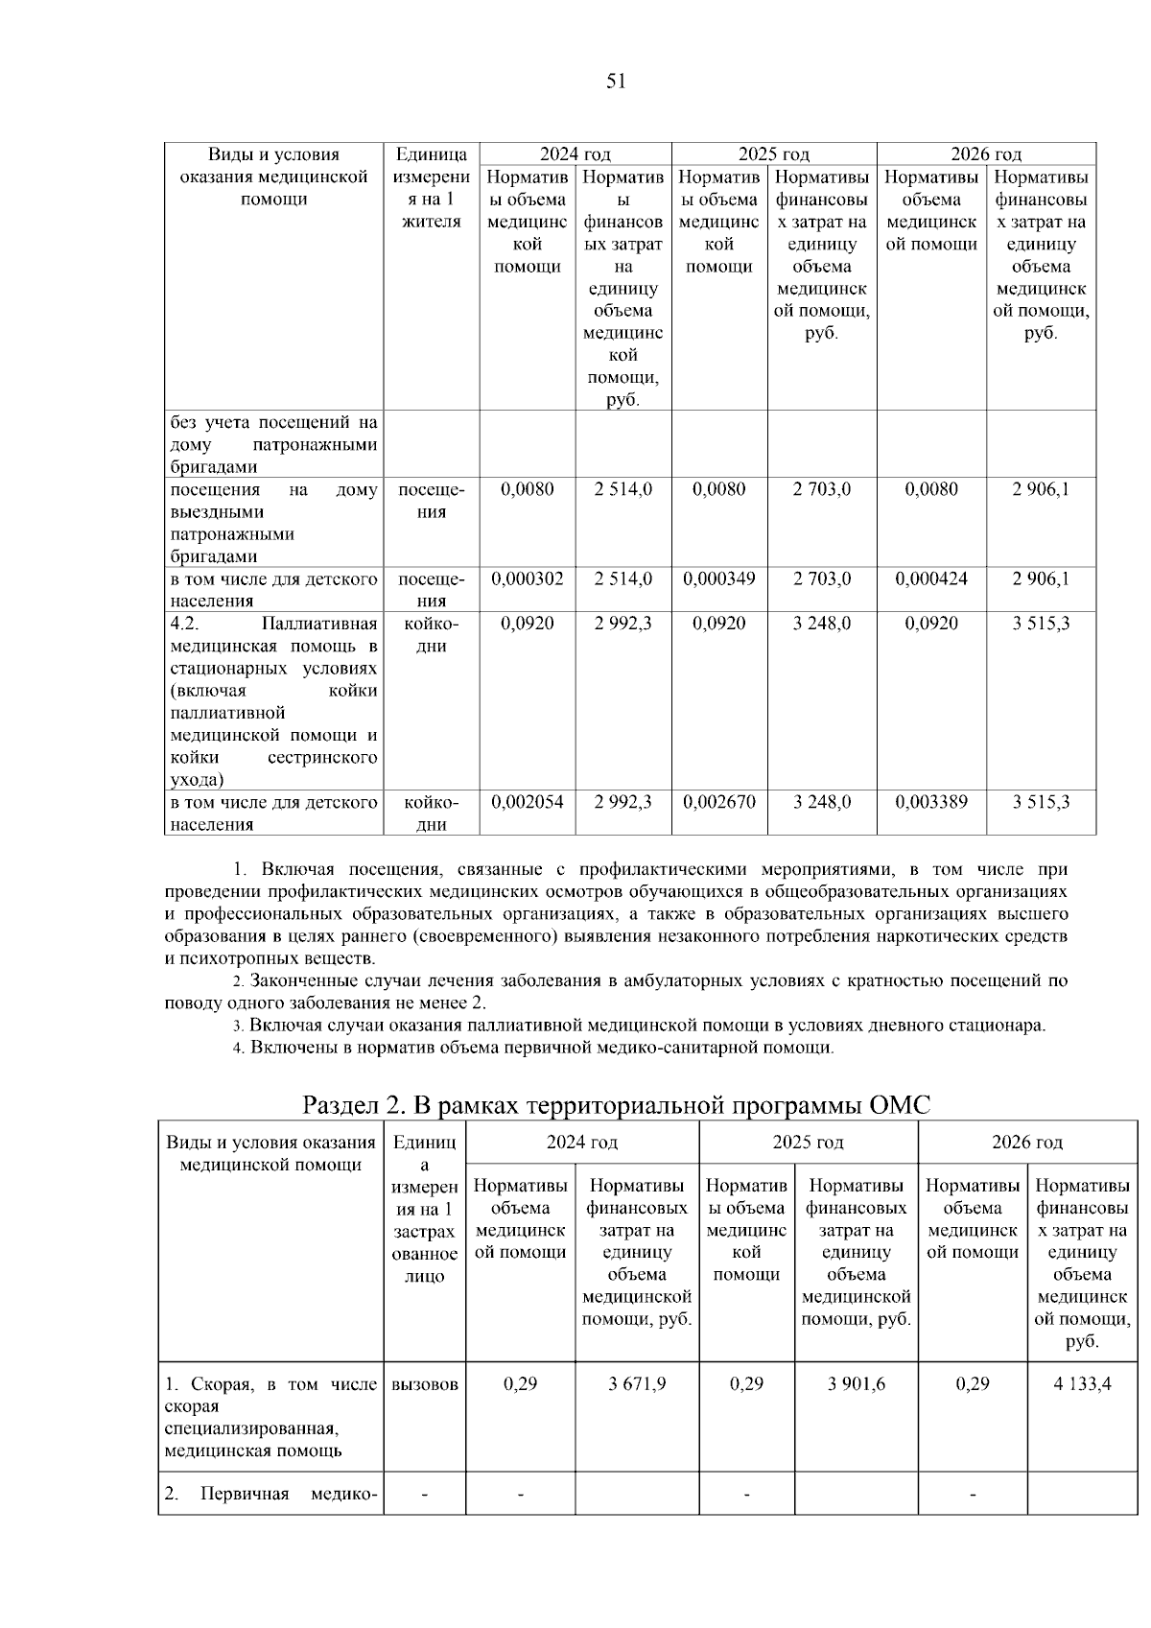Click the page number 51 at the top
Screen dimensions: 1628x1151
pyautogui.click(x=616, y=82)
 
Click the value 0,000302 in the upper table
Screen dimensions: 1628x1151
pyautogui.click(x=528, y=578)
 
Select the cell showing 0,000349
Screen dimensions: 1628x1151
pyautogui.click(x=719, y=578)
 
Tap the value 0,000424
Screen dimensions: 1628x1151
pyautogui.click(x=931, y=578)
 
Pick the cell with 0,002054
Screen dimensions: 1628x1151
pyautogui.click(x=528, y=802)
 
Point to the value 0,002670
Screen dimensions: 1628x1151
pyautogui.click(x=719, y=802)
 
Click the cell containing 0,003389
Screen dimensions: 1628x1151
pyautogui.click(x=931, y=802)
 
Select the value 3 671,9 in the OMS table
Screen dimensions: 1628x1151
pyautogui.click(x=637, y=1383)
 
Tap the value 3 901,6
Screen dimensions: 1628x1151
pyautogui.click(x=856, y=1383)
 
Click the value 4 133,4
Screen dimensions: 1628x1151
pyautogui.click(x=1082, y=1383)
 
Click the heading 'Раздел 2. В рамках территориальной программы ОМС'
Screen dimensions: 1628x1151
pyautogui.click(x=616, y=1105)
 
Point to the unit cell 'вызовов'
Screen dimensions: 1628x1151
pyautogui.click(x=425, y=1384)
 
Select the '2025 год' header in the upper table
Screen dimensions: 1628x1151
pyautogui.click(x=773, y=153)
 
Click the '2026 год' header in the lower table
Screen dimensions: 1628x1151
pyautogui.click(x=1027, y=1142)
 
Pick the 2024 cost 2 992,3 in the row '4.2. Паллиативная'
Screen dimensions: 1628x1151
pyautogui.click(x=623, y=624)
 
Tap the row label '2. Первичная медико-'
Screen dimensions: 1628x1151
pyautogui.click(x=270, y=1494)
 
